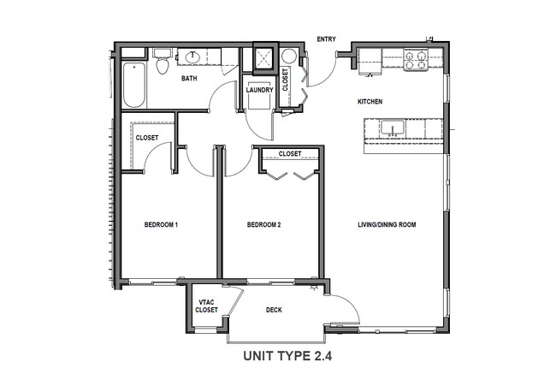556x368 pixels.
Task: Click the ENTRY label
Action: click(326, 39)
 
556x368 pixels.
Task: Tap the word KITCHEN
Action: click(370, 102)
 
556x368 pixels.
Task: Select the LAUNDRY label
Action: click(259, 90)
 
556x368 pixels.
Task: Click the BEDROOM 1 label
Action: click(161, 225)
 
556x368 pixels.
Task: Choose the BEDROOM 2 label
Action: click(264, 225)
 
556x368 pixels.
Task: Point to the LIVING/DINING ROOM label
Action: click(387, 225)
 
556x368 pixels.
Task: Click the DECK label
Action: click(274, 310)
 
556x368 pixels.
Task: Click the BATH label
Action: click(190, 80)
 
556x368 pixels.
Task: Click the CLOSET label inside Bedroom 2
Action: click(290, 154)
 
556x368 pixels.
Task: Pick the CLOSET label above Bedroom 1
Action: click(147, 137)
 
